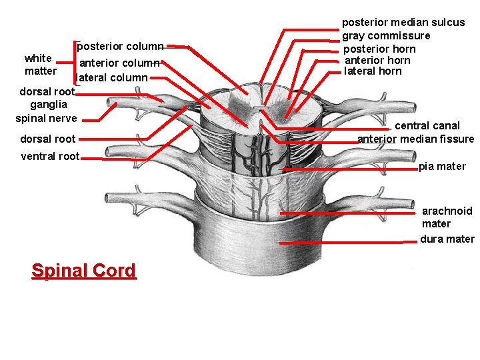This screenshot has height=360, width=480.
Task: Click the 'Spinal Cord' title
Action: (83, 271)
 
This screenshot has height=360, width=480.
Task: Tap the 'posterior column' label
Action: (120, 47)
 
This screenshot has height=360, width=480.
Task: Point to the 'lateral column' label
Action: (113, 77)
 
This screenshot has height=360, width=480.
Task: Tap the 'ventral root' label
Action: (50, 157)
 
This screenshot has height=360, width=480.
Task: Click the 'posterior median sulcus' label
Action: (403, 22)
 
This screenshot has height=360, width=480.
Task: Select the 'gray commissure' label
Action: (386, 35)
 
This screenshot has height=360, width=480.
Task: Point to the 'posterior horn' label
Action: (379, 49)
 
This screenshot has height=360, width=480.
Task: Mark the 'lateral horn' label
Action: (373, 71)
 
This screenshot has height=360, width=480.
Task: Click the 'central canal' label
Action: (427, 125)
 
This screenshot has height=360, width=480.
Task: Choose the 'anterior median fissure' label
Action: (416, 139)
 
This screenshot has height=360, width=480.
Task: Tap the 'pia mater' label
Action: (442, 166)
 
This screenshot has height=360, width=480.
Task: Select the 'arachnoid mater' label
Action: (447, 217)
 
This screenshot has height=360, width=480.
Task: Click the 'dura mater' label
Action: (447, 239)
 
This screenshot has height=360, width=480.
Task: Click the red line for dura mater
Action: (340, 243)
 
